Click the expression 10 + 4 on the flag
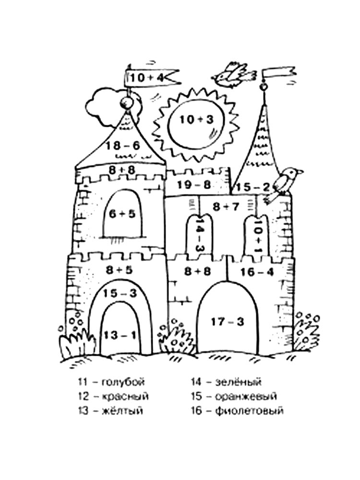147,77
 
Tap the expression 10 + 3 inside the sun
196,120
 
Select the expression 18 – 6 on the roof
123,145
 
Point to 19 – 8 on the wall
194,185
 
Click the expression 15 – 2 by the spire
253,187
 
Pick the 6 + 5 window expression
122,214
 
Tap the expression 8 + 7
226,207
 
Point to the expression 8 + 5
120,270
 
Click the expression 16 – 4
257,272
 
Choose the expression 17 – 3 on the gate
228,322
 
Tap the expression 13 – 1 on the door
120,335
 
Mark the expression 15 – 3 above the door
120,293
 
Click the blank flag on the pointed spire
279,73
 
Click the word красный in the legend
125,396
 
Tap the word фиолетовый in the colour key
249,410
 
